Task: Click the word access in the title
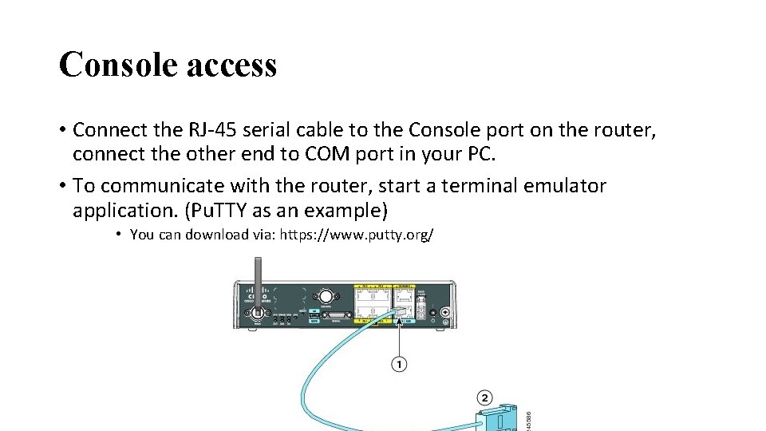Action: click(231, 65)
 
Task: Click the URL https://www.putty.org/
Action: click(357, 235)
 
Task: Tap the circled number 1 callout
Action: click(398, 365)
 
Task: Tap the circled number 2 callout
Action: click(484, 397)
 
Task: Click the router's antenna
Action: click(258, 283)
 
